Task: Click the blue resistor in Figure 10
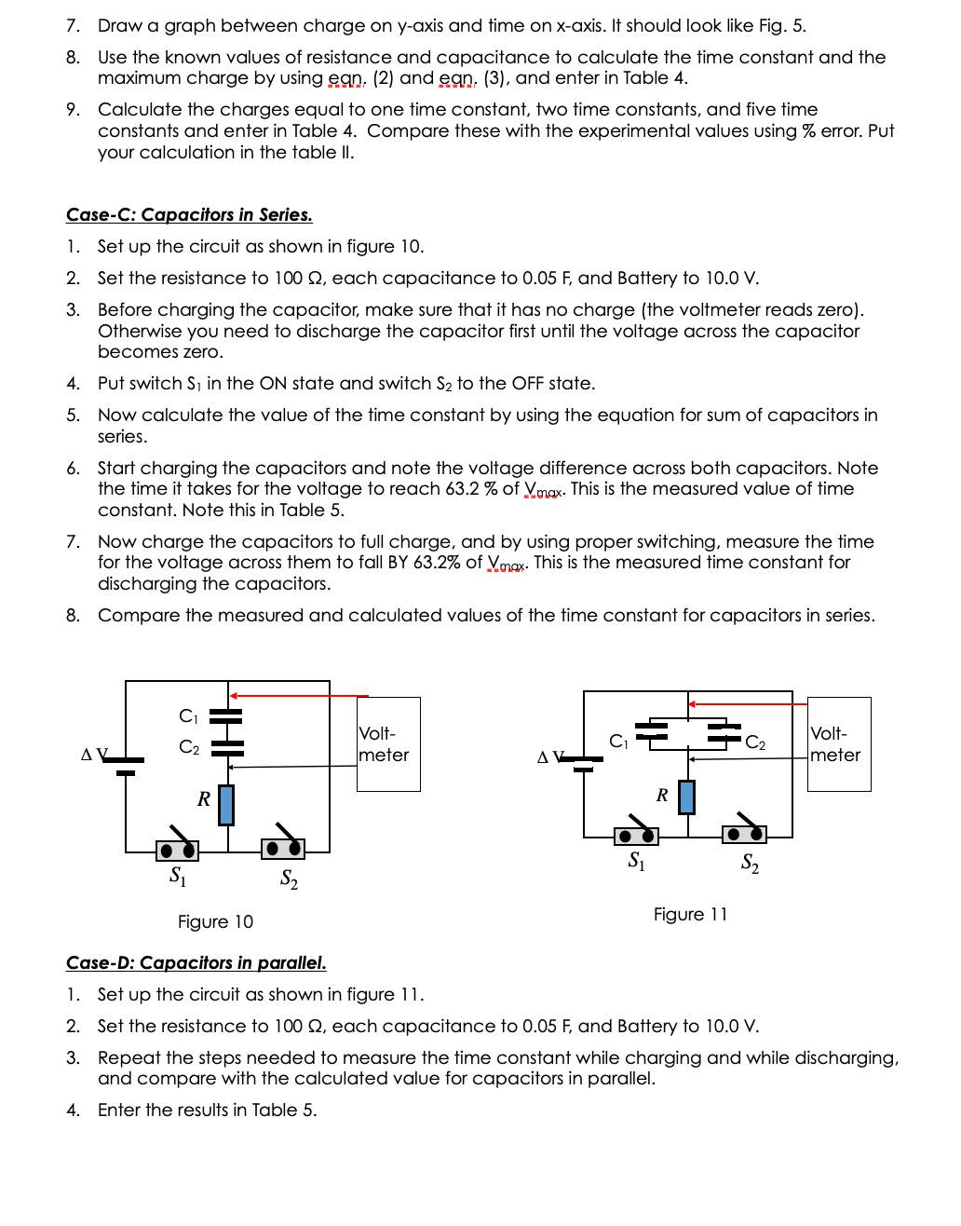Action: (225, 805)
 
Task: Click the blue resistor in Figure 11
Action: (686, 797)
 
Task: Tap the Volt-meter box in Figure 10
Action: (388, 744)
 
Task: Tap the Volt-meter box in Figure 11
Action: (838, 744)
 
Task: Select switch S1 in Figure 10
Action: (177, 847)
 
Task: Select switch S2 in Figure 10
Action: (283, 845)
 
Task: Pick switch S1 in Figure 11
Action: (636, 834)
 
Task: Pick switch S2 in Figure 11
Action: (744, 832)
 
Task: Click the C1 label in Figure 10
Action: (188, 716)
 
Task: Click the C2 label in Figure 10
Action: (188, 747)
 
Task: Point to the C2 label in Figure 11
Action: (755, 742)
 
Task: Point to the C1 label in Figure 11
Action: (618, 742)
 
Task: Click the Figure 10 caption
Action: (215, 921)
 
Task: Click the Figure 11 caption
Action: (690, 914)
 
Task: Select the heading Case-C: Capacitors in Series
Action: (189, 215)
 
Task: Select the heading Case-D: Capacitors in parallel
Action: (196, 963)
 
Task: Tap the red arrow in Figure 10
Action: (298, 696)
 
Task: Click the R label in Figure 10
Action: (203, 798)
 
